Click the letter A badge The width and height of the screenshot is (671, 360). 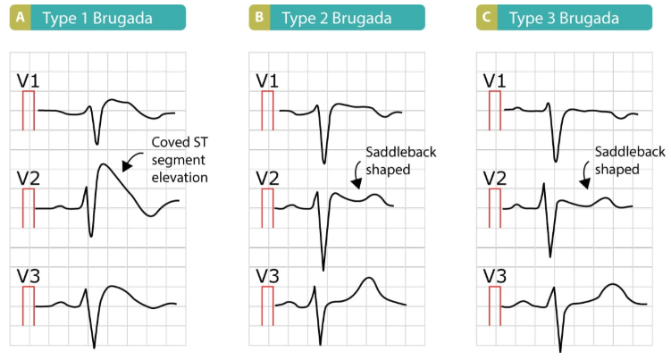(x=21, y=18)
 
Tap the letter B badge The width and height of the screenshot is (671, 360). (x=259, y=18)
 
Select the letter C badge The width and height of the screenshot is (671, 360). (x=487, y=18)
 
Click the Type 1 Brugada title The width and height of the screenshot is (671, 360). (x=97, y=19)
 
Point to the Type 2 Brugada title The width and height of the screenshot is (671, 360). (x=336, y=19)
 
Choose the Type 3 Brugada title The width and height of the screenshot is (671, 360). (x=564, y=19)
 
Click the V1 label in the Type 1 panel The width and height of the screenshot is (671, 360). (x=28, y=81)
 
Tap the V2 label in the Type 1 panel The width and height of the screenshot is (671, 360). (x=28, y=179)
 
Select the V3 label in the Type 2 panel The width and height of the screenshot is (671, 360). (x=267, y=276)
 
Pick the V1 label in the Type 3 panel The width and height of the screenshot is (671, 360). (x=494, y=81)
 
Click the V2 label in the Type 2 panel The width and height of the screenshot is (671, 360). (x=267, y=179)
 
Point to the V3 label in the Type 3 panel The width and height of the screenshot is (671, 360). (x=494, y=276)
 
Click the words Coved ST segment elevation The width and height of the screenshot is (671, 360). (x=180, y=160)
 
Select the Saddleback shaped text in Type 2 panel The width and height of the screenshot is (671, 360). (x=401, y=161)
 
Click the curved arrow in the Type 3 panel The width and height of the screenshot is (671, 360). (x=584, y=174)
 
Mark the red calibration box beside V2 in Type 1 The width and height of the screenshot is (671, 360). (x=29, y=208)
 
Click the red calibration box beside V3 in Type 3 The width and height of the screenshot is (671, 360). (x=495, y=306)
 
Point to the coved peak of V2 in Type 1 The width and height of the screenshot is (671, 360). (x=103, y=164)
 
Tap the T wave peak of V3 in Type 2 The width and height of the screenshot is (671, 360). (x=368, y=278)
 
